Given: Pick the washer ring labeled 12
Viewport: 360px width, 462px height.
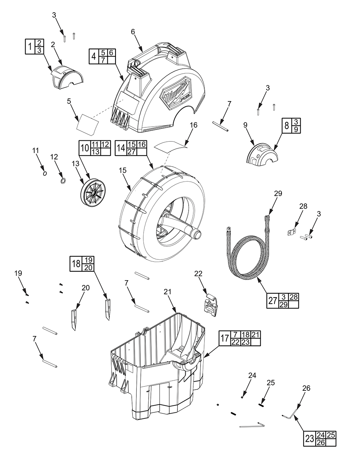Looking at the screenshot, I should coord(63,180).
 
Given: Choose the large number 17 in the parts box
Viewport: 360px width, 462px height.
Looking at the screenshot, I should coord(225,338).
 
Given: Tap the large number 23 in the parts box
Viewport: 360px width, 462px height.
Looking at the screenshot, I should coord(309,439).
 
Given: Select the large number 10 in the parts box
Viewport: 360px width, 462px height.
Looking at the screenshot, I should coord(85,148).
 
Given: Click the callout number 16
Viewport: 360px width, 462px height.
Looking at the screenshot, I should coord(194,125).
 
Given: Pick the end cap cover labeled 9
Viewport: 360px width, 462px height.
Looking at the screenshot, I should coord(261,156).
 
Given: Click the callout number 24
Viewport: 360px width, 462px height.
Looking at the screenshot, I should coord(252,375).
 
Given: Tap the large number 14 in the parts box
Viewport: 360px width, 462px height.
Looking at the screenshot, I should coord(121,148).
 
